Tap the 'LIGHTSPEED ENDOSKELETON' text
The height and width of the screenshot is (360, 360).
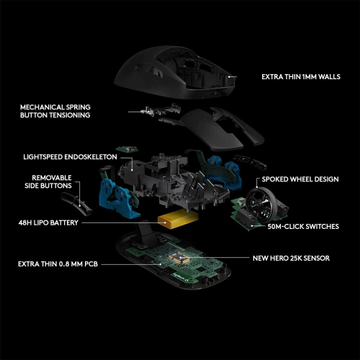(68, 156)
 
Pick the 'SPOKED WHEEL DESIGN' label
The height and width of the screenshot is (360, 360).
(300, 179)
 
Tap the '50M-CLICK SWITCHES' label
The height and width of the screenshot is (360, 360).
(303, 226)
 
